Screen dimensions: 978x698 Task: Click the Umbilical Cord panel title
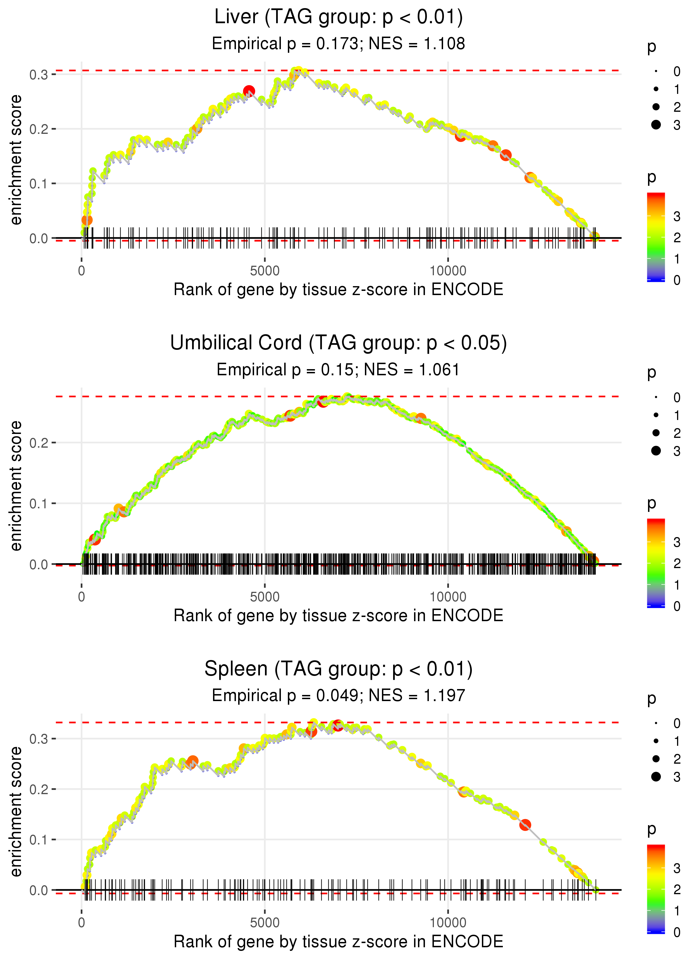(338, 343)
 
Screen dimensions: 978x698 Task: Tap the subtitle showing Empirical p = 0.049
(338, 696)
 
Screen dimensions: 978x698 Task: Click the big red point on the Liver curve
(249, 91)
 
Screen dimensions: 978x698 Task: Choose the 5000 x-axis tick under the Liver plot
(265, 271)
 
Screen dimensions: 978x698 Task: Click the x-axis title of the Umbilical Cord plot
(338, 616)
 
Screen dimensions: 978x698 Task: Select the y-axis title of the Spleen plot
(16, 811)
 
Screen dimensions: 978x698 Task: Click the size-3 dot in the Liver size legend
(656, 125)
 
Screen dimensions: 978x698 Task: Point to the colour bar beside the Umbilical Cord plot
(656, 563)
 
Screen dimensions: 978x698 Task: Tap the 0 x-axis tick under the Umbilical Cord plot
(82, 597)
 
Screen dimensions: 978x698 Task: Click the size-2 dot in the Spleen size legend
(656, 759)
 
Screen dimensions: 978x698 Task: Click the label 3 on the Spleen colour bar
(677, 868)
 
